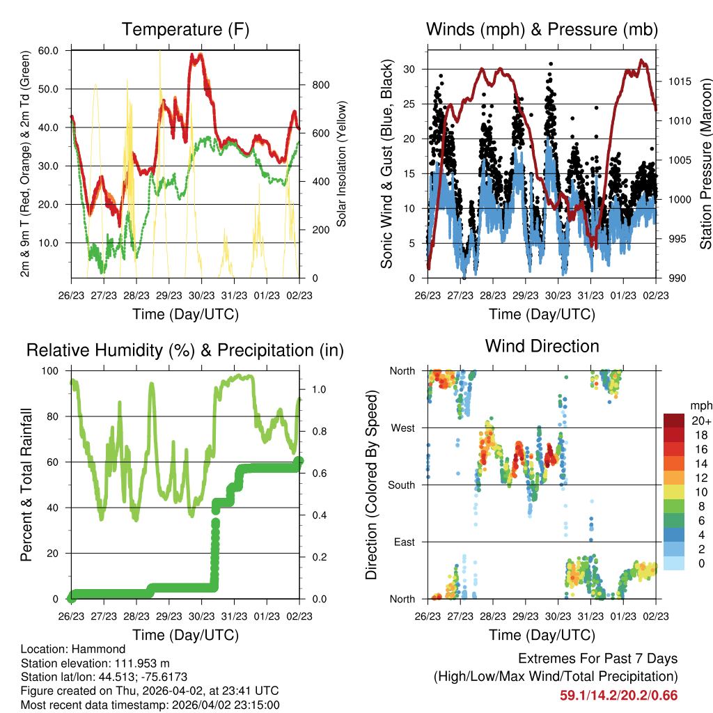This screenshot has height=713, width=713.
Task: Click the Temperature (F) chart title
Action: (185, 30)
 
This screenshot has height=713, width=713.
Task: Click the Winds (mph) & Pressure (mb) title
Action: (542, 30)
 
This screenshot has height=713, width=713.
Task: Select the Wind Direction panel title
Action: (542, 346)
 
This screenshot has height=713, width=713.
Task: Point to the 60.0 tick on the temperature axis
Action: (53, 51)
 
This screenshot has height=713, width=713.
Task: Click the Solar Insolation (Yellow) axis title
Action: (342, 164)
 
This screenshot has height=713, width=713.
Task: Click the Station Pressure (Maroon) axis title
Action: (705, 164)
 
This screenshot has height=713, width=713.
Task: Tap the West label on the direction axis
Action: (403, 428)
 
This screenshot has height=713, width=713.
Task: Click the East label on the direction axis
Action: (405, 542)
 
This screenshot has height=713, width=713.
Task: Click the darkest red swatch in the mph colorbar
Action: (674, 421)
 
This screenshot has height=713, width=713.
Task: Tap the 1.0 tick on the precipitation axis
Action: (312, 389)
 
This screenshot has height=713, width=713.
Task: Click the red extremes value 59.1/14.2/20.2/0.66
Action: (618, 695)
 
